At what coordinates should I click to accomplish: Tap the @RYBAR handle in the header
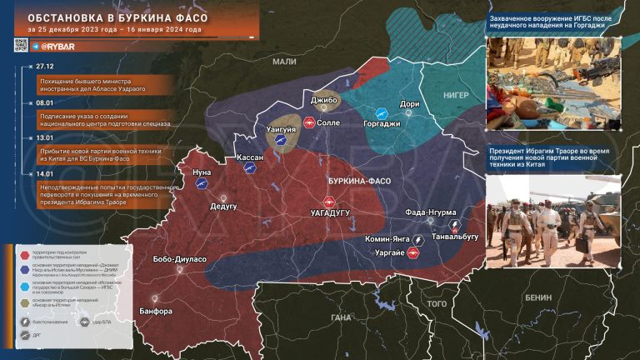pos(57,46)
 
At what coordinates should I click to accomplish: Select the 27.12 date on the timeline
pos(44,65)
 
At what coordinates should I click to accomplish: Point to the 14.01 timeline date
pos(44,173)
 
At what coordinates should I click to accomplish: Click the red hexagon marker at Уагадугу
pos(328,202)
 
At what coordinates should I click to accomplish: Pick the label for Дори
pos(410,104)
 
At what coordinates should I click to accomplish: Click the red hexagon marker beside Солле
pos(308,123)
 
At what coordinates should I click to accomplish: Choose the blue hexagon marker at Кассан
pos(247,167)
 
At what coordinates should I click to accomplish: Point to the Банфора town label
pos(156,311)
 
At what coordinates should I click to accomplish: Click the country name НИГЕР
pos(457,96)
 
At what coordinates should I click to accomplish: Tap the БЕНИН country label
pos(537,297)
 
